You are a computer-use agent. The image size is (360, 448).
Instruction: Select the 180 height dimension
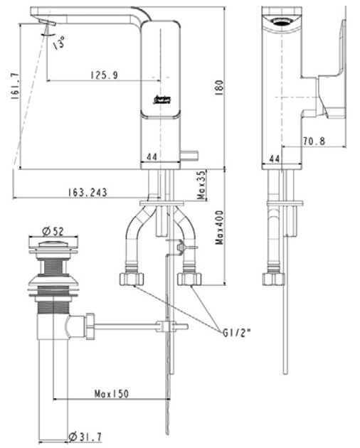(x=220, y=86)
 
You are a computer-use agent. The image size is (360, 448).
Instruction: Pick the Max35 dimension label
(x=201, y=184)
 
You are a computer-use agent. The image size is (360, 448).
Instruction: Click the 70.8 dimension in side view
(x=312, y=142)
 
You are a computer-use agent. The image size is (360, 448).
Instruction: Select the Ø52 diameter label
(x=54, y=230)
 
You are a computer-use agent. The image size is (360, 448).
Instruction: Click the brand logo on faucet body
(x=160, y=102)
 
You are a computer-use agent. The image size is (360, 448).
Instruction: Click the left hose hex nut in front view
(x=130, y=278)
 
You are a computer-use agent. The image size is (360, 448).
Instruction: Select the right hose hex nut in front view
(x=188, y=278)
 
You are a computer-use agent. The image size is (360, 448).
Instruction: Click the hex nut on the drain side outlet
(x=91, y=328)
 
